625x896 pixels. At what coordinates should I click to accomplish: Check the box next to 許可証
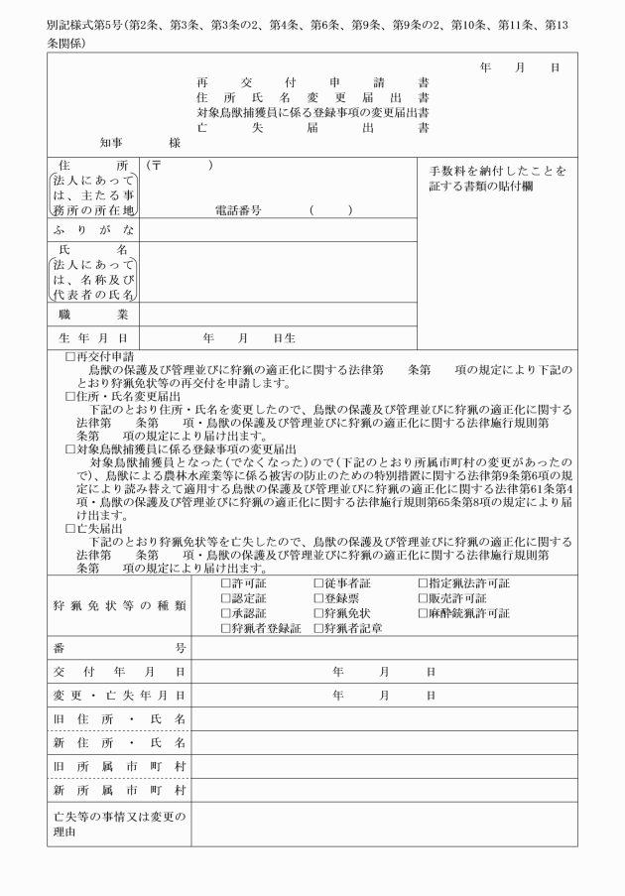[224, 583]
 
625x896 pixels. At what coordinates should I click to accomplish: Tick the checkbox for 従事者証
[318, 583]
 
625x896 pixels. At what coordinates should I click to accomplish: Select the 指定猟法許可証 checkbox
[422, 583]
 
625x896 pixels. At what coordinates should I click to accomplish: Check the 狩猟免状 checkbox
[318, 613]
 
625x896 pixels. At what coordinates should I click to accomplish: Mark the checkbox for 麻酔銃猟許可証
[422, 613]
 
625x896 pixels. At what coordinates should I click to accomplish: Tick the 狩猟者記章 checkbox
[318, 628]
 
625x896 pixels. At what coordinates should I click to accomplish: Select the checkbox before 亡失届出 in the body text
[69, 529]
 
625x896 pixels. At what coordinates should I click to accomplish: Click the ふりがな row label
[96, 230]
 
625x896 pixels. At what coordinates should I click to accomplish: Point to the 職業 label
[96, 315]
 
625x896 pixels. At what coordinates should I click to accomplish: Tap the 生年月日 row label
[96, 338]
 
